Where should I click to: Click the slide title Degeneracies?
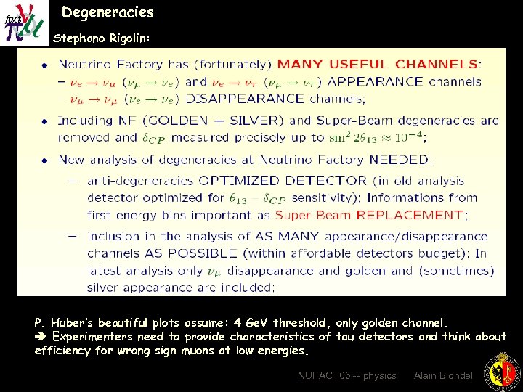[108, 12]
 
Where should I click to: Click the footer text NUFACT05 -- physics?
[347, 375]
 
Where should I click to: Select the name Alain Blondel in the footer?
[443, 375]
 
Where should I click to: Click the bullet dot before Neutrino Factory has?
[44, 65]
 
